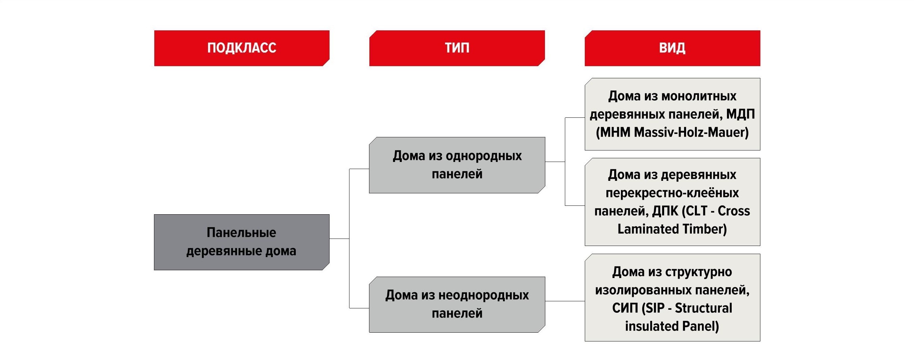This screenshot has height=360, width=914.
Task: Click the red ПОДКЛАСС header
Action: pos(242,48)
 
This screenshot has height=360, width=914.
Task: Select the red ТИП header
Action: pos(457,48)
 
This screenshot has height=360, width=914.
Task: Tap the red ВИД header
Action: pos(672,48)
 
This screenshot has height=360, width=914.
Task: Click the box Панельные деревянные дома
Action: pos(242,242)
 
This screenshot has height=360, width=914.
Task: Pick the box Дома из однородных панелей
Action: pos(457,165)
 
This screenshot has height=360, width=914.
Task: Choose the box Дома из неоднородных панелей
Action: pos(457,304)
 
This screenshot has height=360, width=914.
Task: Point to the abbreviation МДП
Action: pos(740,114)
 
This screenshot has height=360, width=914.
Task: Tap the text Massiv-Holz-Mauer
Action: pos(691,133)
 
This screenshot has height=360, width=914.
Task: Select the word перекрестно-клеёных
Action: pos(672,193)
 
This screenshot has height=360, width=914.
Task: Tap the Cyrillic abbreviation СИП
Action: pos(625,308)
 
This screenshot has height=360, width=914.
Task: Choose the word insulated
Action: pos(647,326)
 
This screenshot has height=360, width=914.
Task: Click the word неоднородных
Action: pos(484,295)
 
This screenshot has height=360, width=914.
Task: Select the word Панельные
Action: pos(241,233)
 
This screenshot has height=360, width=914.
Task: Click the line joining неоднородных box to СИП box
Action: pos(565,301)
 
